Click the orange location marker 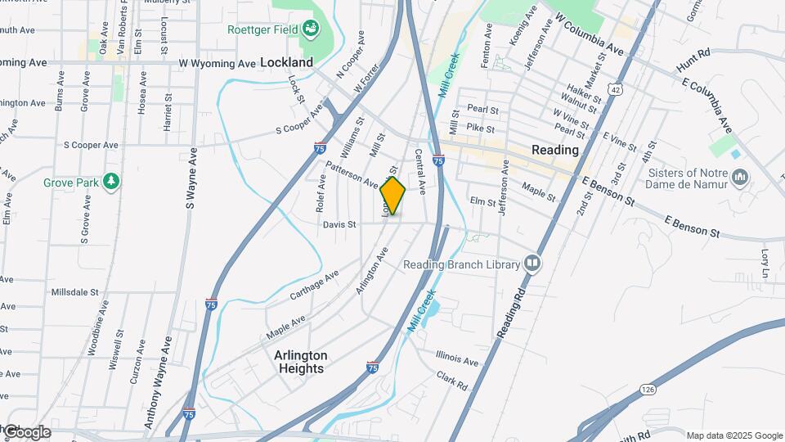point(392,196)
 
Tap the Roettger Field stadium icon point(311,30)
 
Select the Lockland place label point(286,62)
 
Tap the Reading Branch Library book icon point(532,264)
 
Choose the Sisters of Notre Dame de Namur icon point(740,177)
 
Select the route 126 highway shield point(648,388)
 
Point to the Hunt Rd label point(693,60)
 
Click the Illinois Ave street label point(457,360)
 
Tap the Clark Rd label point(451,381)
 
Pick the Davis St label point(339,224)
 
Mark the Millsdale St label point(74,291)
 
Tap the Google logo point(26,432)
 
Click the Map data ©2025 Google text point(734,435)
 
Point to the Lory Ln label point(766,261)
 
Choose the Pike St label point(480,129)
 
